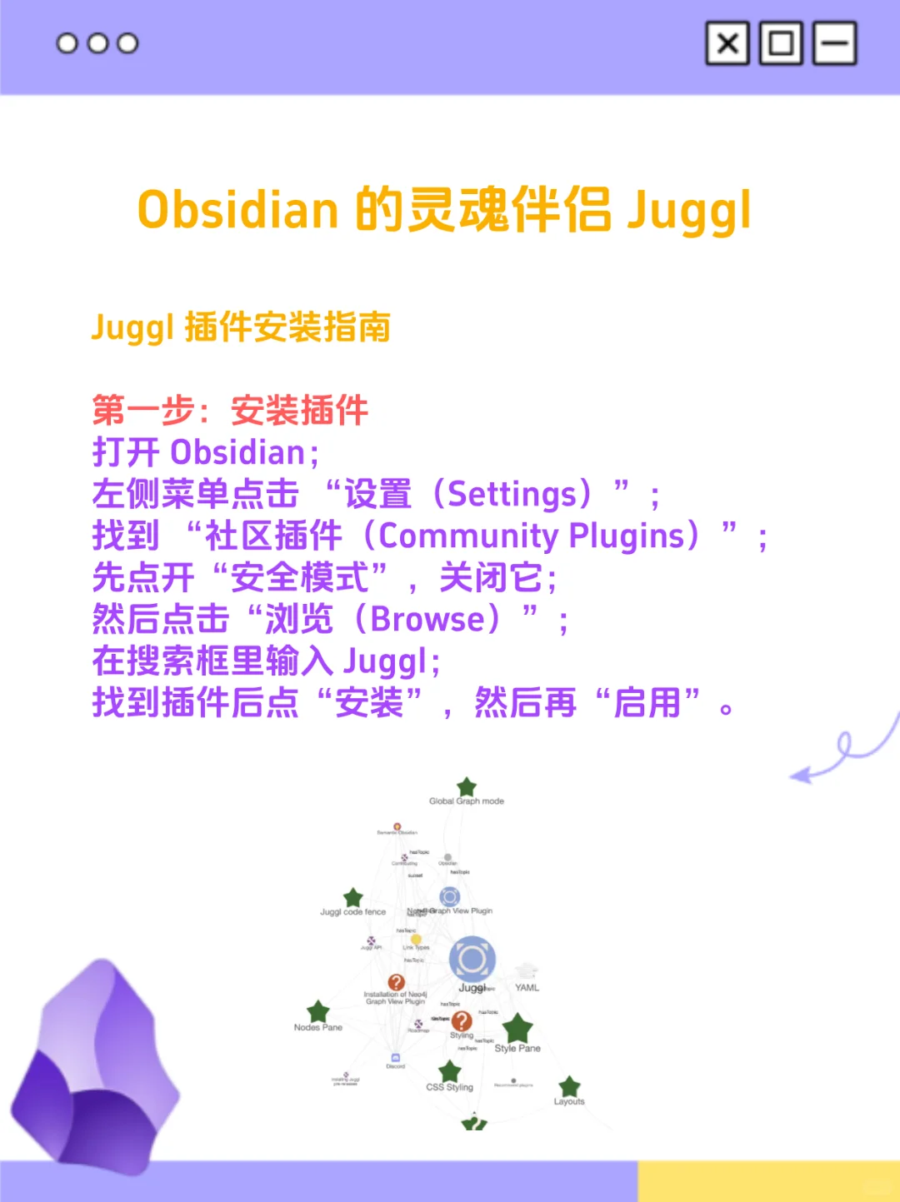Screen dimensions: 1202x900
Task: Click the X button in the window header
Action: [x=727, y=43]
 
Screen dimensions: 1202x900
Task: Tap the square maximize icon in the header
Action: [x=781, y=43]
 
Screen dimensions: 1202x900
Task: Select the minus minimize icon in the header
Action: [x=834, y=43]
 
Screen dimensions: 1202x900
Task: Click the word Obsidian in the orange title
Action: [x=238, y=210]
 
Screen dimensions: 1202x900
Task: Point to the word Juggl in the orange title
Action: [x=689, y=212]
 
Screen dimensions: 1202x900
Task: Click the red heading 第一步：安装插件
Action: [x=230, y=411]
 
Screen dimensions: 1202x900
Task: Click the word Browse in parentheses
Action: [x=427, y=619]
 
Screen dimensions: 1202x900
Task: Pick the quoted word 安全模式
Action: [x=299, y=577]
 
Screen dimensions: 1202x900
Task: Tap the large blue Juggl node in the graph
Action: [x=472, y=959]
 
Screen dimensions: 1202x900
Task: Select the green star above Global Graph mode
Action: [x=467, y=786]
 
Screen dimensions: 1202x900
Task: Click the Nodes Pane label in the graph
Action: [x=318, y=1028]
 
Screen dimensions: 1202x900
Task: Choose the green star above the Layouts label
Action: [x=569, y=1086]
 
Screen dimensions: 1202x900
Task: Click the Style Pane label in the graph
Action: [x=517, y=1049]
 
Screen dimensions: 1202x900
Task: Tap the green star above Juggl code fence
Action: [x=353, y=897]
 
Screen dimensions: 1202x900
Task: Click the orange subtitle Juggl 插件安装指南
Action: [x=241, y=327]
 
